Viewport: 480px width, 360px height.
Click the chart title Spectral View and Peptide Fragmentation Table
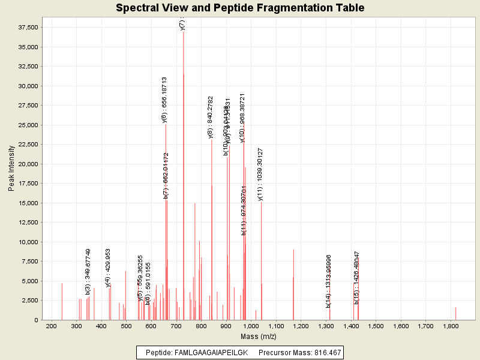[240, 8]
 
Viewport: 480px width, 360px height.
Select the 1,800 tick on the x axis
[451, 326]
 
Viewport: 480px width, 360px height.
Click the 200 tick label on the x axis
[51, 326]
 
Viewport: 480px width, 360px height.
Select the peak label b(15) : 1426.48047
[356, 278]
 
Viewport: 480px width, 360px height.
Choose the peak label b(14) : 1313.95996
[328, 280]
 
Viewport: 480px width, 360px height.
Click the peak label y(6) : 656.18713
[164, 100]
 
